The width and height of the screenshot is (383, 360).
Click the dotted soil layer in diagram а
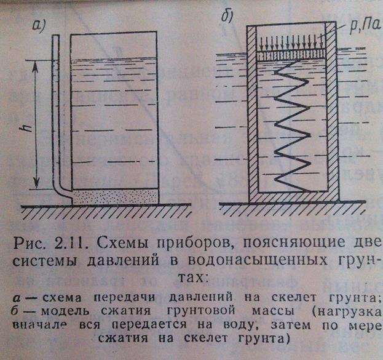click(116, 198)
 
